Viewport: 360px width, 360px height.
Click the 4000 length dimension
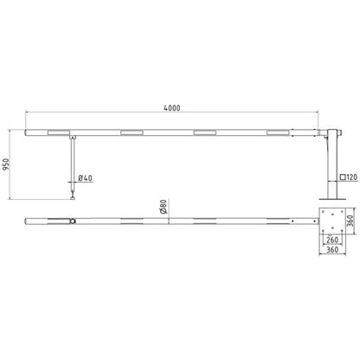point(172,108)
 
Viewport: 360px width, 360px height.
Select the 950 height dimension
point(6,164)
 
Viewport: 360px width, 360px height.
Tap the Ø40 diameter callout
point(85,178)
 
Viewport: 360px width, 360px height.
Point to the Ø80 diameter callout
point(163,207)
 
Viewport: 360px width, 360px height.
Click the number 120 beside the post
point(351,177)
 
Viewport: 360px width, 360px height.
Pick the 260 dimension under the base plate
point(332,240)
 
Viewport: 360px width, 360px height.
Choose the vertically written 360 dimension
point(350,221)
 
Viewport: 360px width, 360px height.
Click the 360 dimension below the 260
point(332,249)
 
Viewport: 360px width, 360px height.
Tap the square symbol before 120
point(343,177)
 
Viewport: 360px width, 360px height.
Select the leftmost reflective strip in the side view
point(59,132)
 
